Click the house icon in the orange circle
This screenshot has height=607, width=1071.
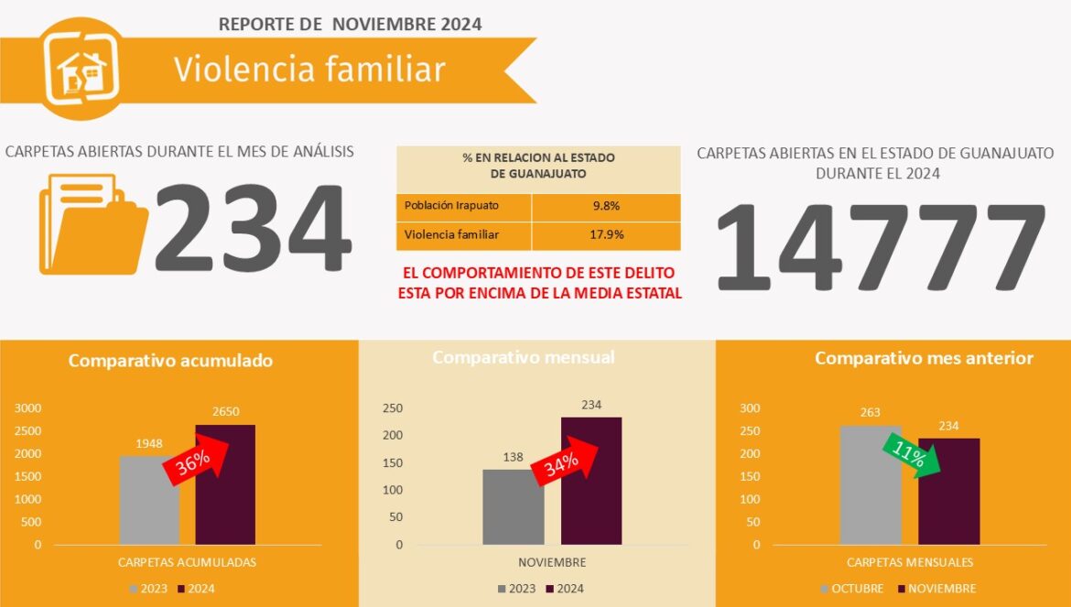(82, 70)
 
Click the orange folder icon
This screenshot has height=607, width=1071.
(92, 224)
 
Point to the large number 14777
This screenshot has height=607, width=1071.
(878, 247)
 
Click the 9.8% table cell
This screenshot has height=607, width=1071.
(606, 206)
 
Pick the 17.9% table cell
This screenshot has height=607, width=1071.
(606, 235)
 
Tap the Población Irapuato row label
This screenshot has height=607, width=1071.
(452, 206)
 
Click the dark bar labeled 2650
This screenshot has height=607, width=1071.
(225, 485)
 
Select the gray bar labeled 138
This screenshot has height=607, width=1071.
(513, 509)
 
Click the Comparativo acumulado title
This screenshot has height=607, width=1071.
(170, 361)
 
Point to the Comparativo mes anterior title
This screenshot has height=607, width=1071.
(924, 358)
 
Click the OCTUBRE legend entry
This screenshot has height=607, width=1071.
(852, 589)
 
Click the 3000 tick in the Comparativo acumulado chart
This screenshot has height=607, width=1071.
(27, 408)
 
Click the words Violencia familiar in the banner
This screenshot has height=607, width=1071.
(309, 70)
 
